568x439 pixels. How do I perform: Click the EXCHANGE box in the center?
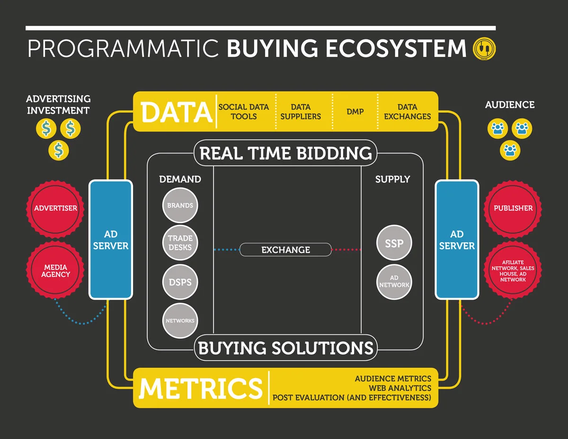285,250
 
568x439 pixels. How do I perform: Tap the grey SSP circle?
394,243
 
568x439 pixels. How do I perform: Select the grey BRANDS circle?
180,206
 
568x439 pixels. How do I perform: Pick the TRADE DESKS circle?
180,242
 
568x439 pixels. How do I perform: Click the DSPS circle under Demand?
180,282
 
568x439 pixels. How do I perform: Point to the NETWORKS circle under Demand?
180,321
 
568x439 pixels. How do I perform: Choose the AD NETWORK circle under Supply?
394,282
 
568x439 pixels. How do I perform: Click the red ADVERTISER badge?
55,208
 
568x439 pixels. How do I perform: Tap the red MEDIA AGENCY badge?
55,271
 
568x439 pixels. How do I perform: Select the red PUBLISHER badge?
513,208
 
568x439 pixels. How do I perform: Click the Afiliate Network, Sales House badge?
513,271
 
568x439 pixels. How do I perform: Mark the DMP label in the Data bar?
355,112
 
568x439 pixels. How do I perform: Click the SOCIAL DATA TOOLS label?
244,112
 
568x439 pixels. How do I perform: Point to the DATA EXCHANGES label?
408,112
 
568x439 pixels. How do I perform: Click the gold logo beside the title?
483,49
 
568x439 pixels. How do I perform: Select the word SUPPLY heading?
392,179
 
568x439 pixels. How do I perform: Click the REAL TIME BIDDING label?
285,153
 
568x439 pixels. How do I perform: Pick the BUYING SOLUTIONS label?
285,348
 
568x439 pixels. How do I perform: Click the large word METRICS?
201,388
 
